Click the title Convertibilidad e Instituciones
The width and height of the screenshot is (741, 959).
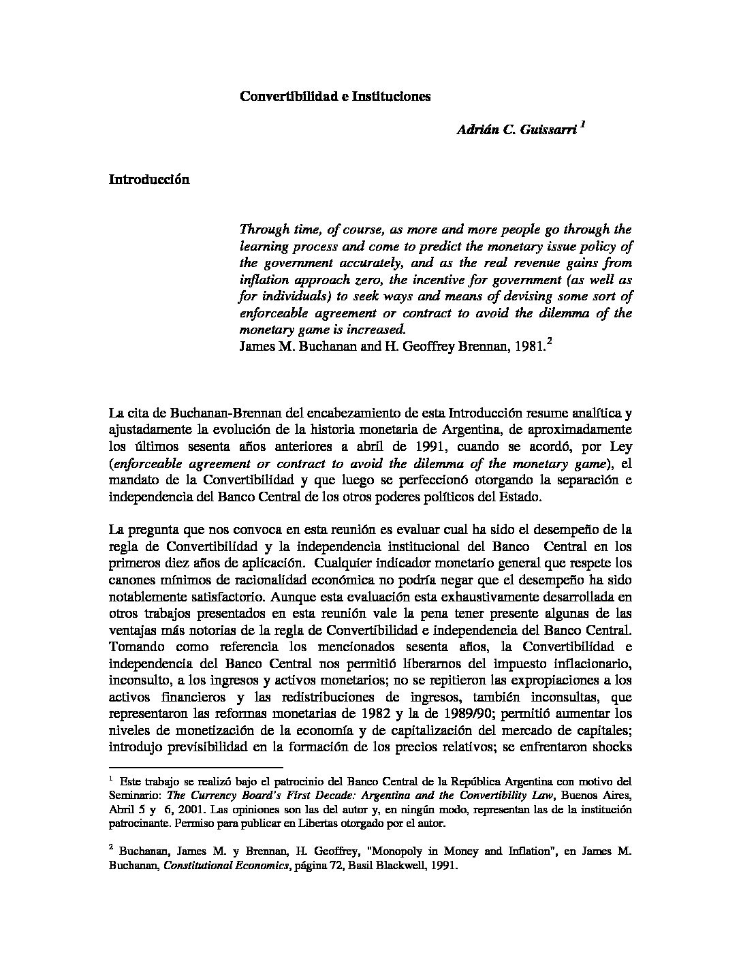coord(335,97)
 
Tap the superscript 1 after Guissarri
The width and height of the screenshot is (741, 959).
coord(583,125)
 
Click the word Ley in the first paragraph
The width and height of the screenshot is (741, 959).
coord(620,447)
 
